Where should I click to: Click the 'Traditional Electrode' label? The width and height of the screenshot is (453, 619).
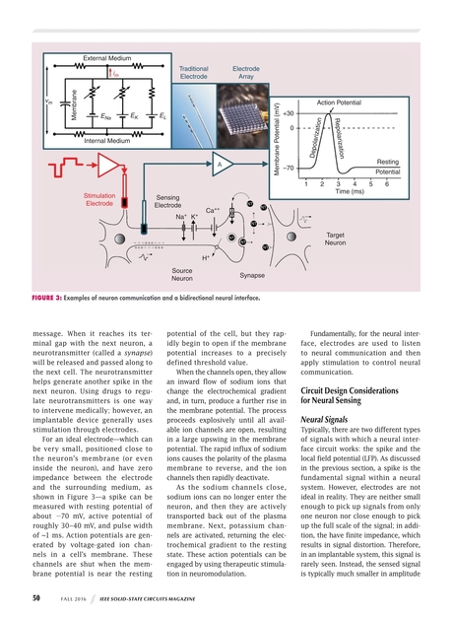click(194, 71)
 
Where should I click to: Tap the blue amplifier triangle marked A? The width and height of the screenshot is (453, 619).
click(223, 163)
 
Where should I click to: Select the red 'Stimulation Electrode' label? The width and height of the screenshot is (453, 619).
click(99, 200)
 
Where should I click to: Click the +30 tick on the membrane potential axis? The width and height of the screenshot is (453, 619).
click(290, 113)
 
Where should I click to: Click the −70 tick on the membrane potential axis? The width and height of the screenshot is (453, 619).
click(290, 169)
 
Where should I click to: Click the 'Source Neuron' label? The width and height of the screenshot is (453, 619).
click(181, 273)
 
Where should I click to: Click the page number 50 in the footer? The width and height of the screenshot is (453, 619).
click(34, 597)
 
